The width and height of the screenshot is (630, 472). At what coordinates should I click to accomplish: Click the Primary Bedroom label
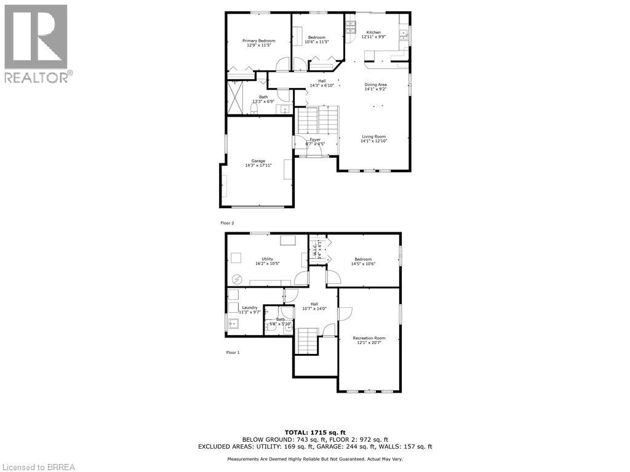(x=259, y=41)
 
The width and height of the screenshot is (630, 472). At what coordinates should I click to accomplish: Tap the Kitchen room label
(x=373, y=33)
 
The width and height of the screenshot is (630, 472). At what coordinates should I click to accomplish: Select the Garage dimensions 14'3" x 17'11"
(x=258, y=165)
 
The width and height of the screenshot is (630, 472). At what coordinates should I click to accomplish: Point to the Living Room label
(x=373, y=136)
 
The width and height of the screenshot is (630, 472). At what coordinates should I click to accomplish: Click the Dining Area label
(x=375, y=85)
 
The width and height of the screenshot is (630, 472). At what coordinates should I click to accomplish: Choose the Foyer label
(x=315, y=140)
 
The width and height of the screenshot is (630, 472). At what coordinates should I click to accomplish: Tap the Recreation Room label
(x=369, y=338)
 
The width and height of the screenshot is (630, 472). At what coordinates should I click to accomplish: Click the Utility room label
(x=268, y=259)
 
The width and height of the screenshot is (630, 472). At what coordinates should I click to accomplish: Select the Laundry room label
(x=249, y=307)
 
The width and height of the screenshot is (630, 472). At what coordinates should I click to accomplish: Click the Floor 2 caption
(x=228, y=223)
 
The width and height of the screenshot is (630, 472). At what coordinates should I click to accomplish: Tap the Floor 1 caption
(x=233, y=352)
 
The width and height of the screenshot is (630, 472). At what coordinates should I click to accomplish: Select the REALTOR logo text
(x=37, y=77)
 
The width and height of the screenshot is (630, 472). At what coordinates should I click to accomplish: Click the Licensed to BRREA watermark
(x=38, y=466)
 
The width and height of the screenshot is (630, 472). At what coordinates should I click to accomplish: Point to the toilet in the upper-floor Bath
(x=253, y=109)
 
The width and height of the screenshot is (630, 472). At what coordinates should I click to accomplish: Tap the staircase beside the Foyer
(x=318, y=120)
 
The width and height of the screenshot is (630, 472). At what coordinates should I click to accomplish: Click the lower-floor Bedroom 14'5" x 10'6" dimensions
(x=363, y=264)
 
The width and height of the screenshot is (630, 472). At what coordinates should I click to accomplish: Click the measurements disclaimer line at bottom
(x=314, y=459)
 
